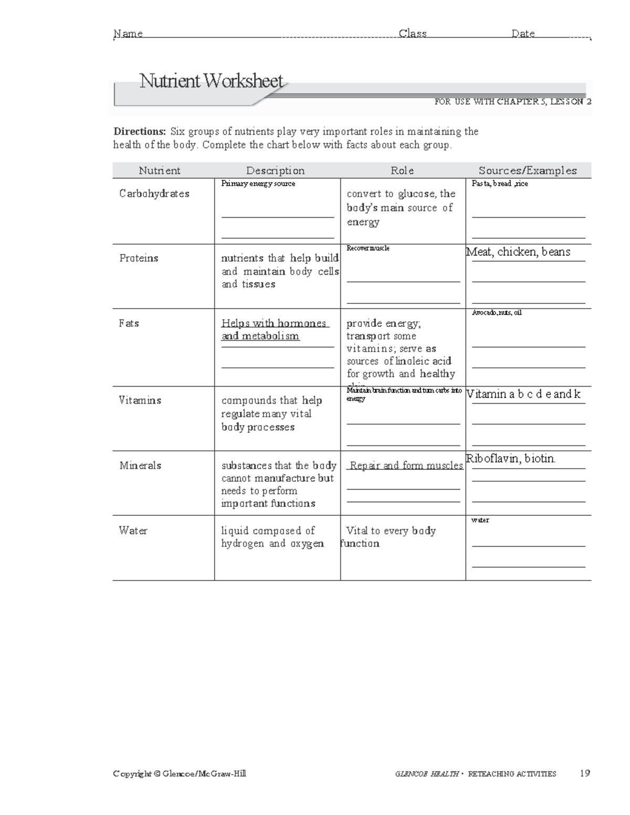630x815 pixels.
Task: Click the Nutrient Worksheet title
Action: [x=211, y=81]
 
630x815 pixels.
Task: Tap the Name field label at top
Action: [x=129, y=34]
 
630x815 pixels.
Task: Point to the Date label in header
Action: [x=523, y=34]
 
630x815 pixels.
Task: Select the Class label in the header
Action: [x=413, y=34]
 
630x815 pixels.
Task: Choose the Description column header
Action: [x=276, y=171]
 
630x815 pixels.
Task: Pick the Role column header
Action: [x=402, y=171]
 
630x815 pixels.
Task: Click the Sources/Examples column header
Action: [x=528, y=171]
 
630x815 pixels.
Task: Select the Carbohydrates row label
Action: [x=154, y=194]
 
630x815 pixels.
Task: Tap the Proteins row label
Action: [x=139, y=258]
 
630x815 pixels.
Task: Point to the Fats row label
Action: [x=129, y=323]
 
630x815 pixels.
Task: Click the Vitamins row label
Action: [x=140, y=400]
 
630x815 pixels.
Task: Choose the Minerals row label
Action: [x=140, y=465]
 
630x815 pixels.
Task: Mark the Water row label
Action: [x=133, y=531]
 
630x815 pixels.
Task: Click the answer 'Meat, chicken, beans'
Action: [x=518, y=252]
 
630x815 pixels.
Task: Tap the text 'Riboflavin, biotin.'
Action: [x=511, y=459]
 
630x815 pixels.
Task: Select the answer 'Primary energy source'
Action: [x=258, y=184]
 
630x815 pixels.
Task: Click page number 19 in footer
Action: [x=585, y=773]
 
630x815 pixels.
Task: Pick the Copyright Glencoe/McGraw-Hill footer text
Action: [x=180, y=774]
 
